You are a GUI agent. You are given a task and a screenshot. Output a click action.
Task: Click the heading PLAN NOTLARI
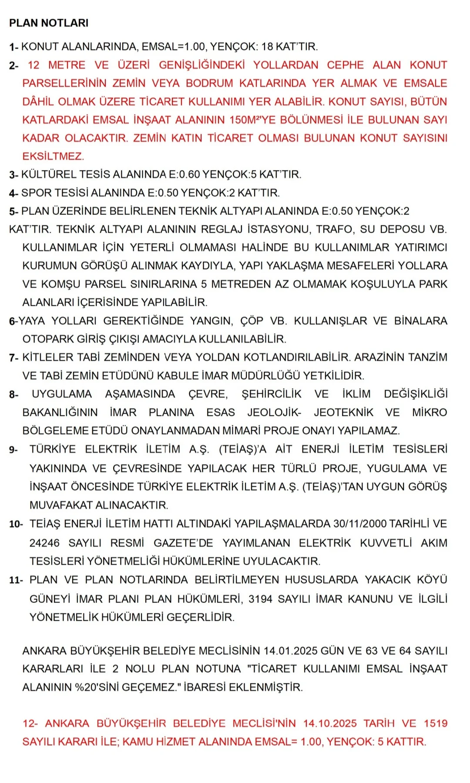click(49, 23)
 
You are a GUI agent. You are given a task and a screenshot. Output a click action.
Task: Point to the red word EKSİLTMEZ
click(53, 156)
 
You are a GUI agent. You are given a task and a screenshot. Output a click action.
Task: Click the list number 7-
click(13, 358)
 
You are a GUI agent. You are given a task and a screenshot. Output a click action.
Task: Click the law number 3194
click(260, 599)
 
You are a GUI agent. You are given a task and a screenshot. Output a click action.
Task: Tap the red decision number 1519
click(436, 723)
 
